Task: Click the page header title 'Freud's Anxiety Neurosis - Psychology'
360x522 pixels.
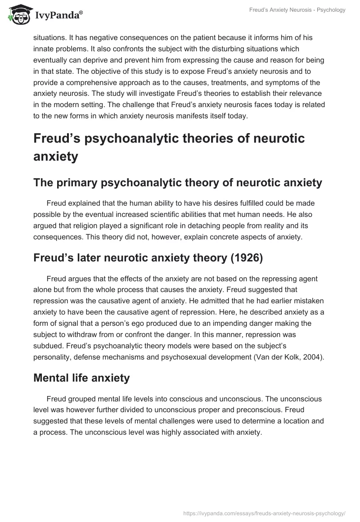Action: (x=297, y=10)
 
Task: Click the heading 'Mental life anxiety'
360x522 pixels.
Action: (x=81, y=378)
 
